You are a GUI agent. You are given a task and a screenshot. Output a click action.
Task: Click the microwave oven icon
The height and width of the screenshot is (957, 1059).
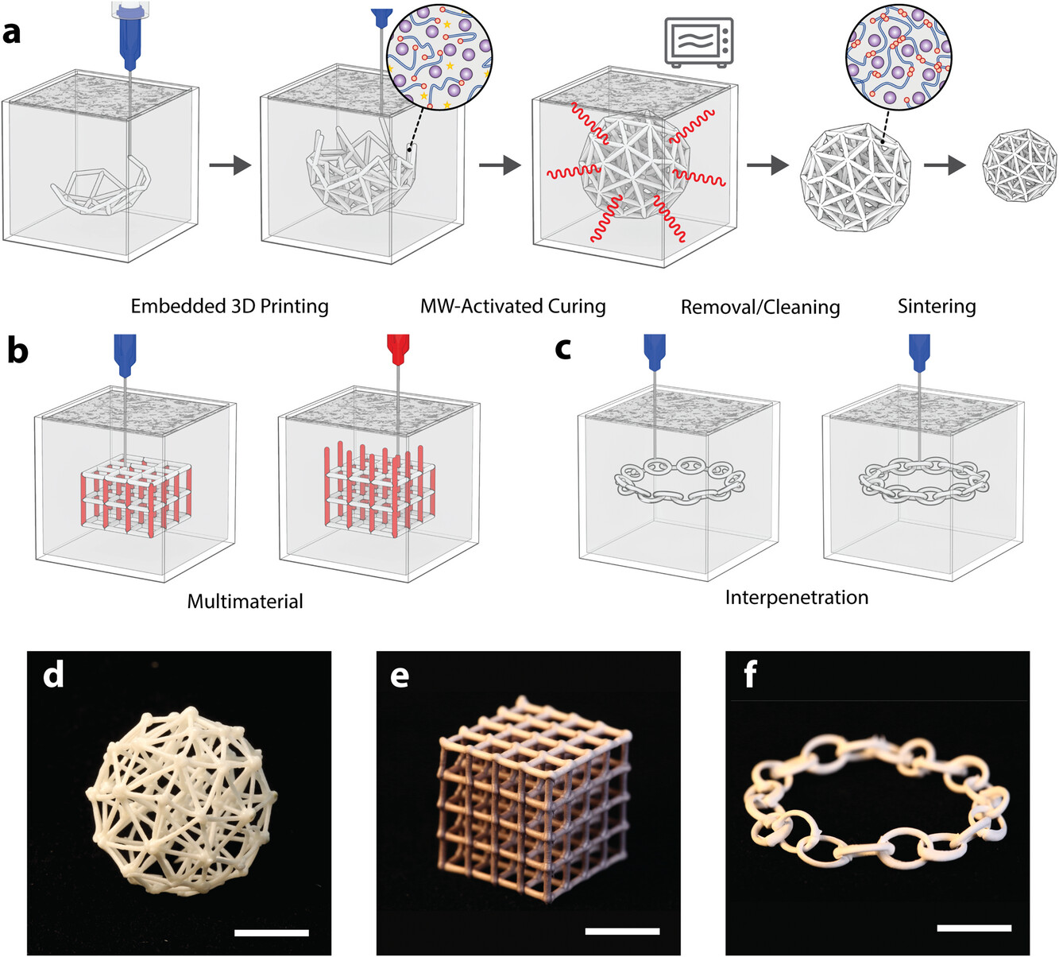[699, 42]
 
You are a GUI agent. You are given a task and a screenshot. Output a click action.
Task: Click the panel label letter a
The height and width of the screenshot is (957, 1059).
[12, 34]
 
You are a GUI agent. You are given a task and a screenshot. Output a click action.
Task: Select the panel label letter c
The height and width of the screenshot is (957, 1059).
[563, 349]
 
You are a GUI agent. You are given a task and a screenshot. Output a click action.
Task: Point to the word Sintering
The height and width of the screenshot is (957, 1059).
[937, 306]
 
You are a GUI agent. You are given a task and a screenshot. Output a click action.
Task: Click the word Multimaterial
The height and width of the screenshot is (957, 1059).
[245, 602]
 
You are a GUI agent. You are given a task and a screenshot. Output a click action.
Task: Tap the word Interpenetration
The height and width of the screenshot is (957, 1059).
[797, 597]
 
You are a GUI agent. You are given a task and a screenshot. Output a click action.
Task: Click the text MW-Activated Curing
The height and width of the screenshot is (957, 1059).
[512, 307]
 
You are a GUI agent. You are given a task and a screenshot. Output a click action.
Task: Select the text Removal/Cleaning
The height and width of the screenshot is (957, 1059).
[760, 307]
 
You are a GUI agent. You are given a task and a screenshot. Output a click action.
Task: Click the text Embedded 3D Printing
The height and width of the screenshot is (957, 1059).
[230, 307]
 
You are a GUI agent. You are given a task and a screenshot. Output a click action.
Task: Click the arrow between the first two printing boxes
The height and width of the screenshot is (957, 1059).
[230, 166]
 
